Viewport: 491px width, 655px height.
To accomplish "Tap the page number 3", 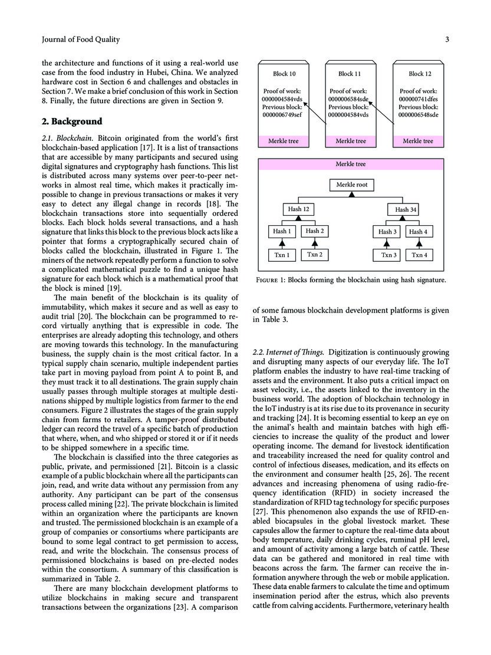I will click(447, 40).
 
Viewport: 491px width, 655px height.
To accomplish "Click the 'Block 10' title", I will click(284, 74).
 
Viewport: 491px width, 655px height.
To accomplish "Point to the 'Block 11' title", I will click(350, 74).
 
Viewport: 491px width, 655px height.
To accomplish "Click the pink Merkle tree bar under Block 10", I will click(285, 141).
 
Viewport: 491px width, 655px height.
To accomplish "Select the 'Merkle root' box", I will click(352, 185).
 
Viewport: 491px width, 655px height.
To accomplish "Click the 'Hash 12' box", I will click(298, 209).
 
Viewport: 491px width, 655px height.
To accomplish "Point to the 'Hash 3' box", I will click(387, 232).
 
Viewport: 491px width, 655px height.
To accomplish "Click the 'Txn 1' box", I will click(281, 255).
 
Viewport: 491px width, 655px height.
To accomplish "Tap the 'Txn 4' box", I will click(419, 255).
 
